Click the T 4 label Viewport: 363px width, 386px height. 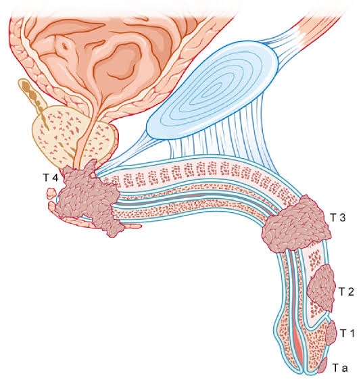click(x=51, y=177)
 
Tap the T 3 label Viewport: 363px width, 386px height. click(x=338, y=218)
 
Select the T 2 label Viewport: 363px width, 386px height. click(x=346, y=292)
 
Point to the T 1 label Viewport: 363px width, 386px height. click(x=347, y=333)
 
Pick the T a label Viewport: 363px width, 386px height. click(x=341, y=368)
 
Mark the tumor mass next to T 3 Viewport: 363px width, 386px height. click(x=296, y=224)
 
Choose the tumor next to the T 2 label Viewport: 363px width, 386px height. click(x=322, y=288)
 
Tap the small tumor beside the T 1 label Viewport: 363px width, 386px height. click(x=331, y=333)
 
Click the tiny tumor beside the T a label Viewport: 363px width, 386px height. click(x=322, y=365)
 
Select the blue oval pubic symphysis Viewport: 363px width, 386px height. click(x=212, y=91)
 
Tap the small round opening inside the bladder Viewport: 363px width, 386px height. click(x=65, y=46)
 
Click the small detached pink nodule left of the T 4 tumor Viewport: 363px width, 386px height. click(x=51, y=193)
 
